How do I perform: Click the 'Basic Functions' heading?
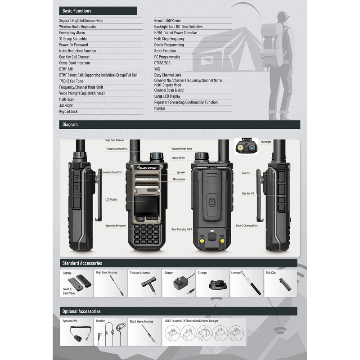click(77, 11)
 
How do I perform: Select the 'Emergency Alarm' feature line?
click(72, 33)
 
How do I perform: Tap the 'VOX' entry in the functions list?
click(157, 69)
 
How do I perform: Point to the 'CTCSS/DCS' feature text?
click(162, 63)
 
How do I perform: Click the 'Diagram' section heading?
click(70, 125)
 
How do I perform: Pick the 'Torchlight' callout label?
click(266, 142)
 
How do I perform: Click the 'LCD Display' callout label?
click(111, 199)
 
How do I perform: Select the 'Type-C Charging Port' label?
click(247, 226)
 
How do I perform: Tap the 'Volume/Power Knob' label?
click(182, 148)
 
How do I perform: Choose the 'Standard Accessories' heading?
click(82, 263)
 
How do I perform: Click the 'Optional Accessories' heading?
click(81, 311)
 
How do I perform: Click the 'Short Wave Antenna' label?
click(141, 321)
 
